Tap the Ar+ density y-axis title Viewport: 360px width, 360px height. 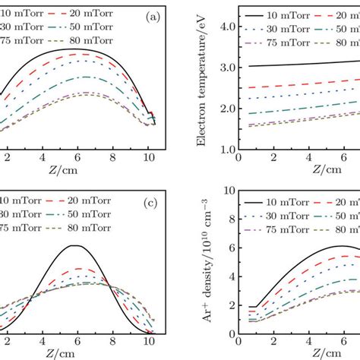point(209,267)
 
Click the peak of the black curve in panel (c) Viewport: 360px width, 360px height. point(74,245)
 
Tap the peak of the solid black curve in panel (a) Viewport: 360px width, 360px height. point(74,49)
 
